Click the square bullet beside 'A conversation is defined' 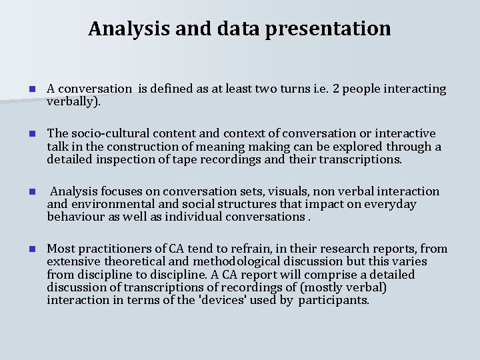pos(23,89)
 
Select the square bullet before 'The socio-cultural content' pos(23,134)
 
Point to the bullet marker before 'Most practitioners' pos(23,249)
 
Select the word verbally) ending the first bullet pos(73,101)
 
